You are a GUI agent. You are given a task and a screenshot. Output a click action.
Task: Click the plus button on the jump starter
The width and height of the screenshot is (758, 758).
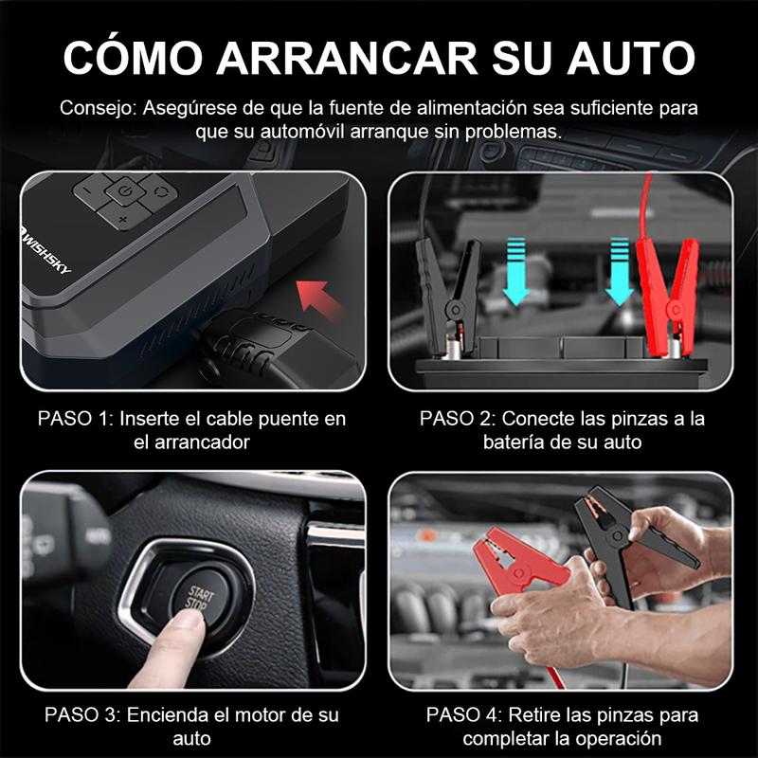pyautogui.click(x=122, y=220)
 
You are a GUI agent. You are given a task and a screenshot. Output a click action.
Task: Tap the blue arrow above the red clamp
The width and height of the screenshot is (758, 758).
pyautogui.click(x=619, y=270)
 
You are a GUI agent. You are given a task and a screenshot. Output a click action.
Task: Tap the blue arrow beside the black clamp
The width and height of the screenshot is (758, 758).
pyautogui.click(x=515, y=270)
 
